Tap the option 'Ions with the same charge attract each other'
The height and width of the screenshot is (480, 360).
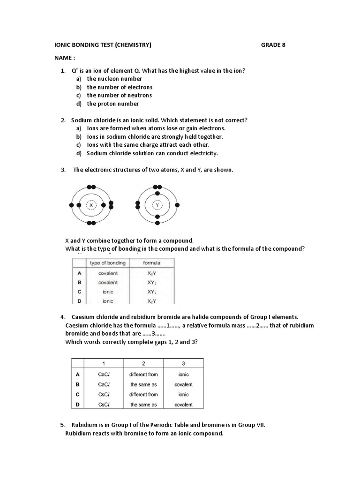point(148,145)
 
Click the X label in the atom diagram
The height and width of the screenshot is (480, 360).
point(91,205)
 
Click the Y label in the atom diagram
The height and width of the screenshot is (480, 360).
point(157,205)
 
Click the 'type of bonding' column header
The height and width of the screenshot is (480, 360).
point(108,263)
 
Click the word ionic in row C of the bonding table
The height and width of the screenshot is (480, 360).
point(108,292)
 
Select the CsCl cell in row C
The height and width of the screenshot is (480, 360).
point(104,395)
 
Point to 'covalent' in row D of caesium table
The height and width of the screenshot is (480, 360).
point(183,405)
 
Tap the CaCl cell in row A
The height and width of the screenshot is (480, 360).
point(104,374)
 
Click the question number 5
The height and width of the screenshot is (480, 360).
point(63,425)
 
